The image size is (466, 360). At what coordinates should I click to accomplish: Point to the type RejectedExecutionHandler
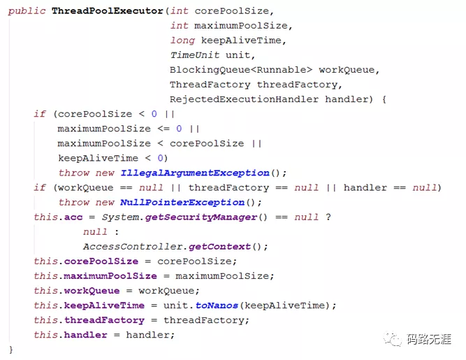click(x=244, y=99)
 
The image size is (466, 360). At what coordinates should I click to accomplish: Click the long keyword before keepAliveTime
click(x=182, y=41)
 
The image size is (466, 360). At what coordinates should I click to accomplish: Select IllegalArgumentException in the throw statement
click(x=195, y=173)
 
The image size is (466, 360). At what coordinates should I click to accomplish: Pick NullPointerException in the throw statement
click(x=191, y=202)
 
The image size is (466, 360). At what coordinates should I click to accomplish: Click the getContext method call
click(x=219, y=247)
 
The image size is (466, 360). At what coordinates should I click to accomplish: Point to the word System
click(x=119, y=217)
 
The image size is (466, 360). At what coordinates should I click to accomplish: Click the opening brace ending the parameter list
click(x=384, y=99)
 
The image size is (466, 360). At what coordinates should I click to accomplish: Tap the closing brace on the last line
click(x=11, y=349)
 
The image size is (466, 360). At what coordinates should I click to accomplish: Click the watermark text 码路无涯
click(x=430, y=340)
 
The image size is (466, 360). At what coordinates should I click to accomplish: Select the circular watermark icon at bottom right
click(x=395, y=339)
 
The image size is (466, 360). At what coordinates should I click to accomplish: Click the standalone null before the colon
click(x=96, y=232)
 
